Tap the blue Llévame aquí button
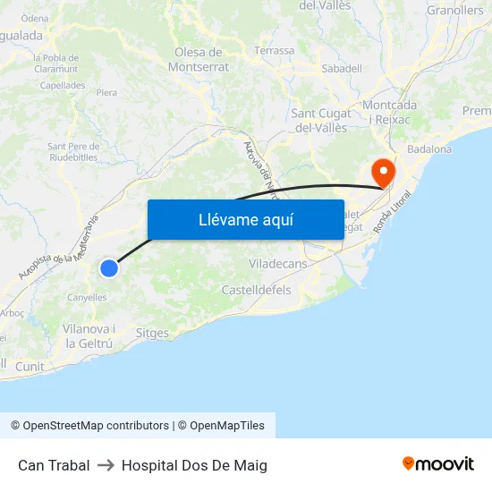coord(245,219)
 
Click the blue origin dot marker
coord(108,267)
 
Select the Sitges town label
coord(152,333)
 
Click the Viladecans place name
coord(277,264)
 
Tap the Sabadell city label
coord(342,68)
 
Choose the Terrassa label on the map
coord(274,51)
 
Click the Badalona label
coord(428,149)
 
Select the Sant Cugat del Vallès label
coord(321,120)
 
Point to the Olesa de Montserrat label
coord(201,59)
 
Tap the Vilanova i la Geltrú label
coord(89,335)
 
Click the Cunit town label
coord(30,367)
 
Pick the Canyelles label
coord(87,297)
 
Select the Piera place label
coord(106,92)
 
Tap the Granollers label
coord(454,11)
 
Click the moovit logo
coord(437,463)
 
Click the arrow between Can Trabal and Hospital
coord(106,465)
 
